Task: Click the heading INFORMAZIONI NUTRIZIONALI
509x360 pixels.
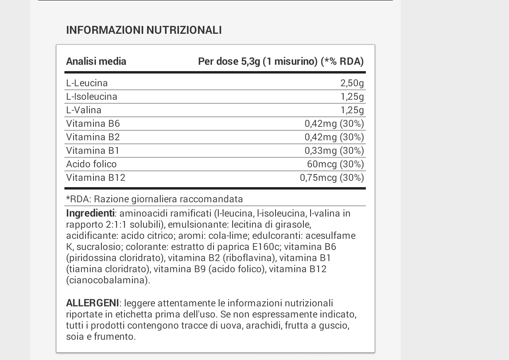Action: tap(144, 30)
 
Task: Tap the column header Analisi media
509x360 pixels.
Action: tap(96, 61)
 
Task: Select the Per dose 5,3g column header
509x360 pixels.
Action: tap(281, 61)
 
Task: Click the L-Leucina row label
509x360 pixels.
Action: tap(87, 83)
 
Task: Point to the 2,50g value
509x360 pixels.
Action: tap(352, 83)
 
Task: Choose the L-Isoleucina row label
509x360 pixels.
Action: tap(92, 97)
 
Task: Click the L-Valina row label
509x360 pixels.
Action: tap(84, 110)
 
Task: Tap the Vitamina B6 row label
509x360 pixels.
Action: tap(93, 124)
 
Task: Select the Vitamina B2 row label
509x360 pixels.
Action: tap(93, 137)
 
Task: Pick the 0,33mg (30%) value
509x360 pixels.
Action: tap(334, 151)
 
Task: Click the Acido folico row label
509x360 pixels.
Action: tap(91, 164)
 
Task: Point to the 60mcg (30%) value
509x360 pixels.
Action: tap(335, 164)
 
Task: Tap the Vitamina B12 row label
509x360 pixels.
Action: tap(96, 178)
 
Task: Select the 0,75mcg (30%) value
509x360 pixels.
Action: tap(332, 178)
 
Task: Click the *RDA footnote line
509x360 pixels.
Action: tap(154, 199)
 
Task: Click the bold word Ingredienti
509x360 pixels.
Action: tap(90, 213)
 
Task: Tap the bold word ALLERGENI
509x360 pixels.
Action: tap(92, 303)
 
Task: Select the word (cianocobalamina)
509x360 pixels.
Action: tap(108, 280)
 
